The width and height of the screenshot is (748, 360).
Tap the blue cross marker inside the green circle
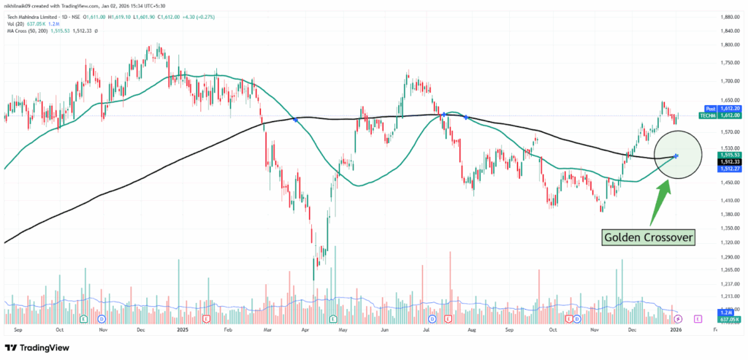676,156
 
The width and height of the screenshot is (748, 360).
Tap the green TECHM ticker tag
707,115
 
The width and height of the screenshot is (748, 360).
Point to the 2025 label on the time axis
183,329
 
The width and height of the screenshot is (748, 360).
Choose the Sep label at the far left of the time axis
18,329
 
